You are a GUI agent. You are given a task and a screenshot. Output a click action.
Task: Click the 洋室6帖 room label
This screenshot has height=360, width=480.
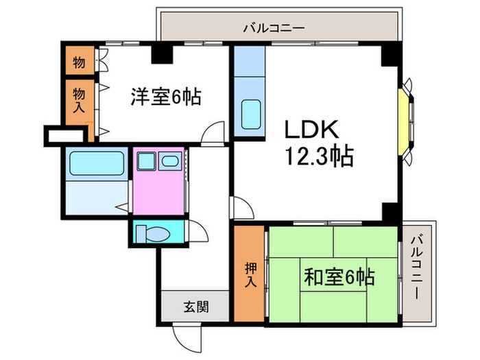tap(166, 97)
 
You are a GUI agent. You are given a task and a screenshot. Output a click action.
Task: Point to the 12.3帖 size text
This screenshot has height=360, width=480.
tap(318, 158)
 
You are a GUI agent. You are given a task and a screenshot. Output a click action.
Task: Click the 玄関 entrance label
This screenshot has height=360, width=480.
tap(195, 307)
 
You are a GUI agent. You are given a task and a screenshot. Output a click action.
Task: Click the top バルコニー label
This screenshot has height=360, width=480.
tap(273, 28)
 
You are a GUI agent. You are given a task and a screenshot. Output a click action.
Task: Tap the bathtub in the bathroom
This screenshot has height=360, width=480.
tap(95, 165)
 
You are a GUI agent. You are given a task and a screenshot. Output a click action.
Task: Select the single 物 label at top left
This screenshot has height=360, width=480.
tap(79, 63)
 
